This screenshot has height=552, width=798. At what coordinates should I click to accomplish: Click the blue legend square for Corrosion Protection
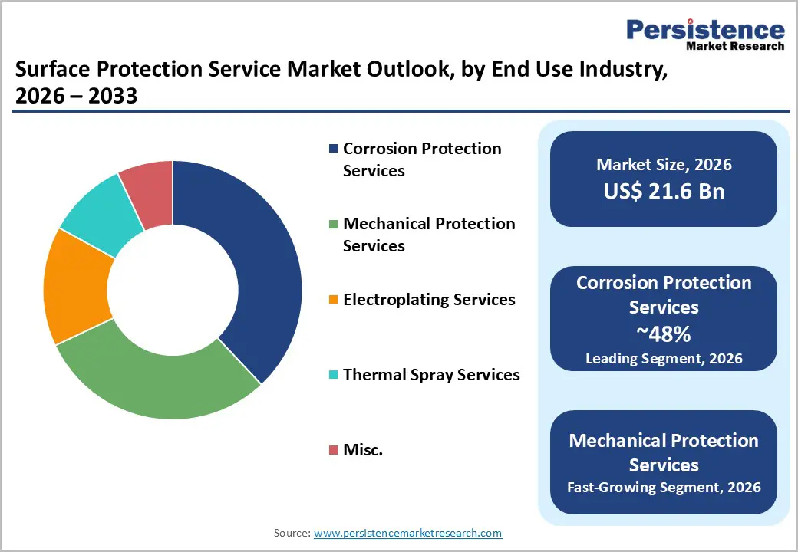(x=333, y=149)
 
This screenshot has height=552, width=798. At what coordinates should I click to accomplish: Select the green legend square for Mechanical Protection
(x=333, y=224)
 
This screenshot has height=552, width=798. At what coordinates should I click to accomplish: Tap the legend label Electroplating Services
(x=429, y=299)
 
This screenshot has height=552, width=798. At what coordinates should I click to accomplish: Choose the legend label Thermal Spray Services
(x=431, y=374)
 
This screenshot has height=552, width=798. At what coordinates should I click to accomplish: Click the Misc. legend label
(x=363, y=450)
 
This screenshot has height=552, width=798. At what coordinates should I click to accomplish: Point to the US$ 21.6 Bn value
(x=664, y=191)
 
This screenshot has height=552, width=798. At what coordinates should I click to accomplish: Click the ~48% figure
(x=664, y=333)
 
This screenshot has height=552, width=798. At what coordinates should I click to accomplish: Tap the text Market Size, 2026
(x=664, y=164)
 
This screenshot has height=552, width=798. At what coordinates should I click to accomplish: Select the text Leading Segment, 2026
(x=664, y=358)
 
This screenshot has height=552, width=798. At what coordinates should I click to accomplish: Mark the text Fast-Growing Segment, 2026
(x=664, y=487)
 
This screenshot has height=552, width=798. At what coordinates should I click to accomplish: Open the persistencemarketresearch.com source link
(x=408, y=533)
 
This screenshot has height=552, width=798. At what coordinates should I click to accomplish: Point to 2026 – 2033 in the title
(x=76, y=97)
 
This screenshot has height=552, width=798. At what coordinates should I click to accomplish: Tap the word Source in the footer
(x=291, y=533)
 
